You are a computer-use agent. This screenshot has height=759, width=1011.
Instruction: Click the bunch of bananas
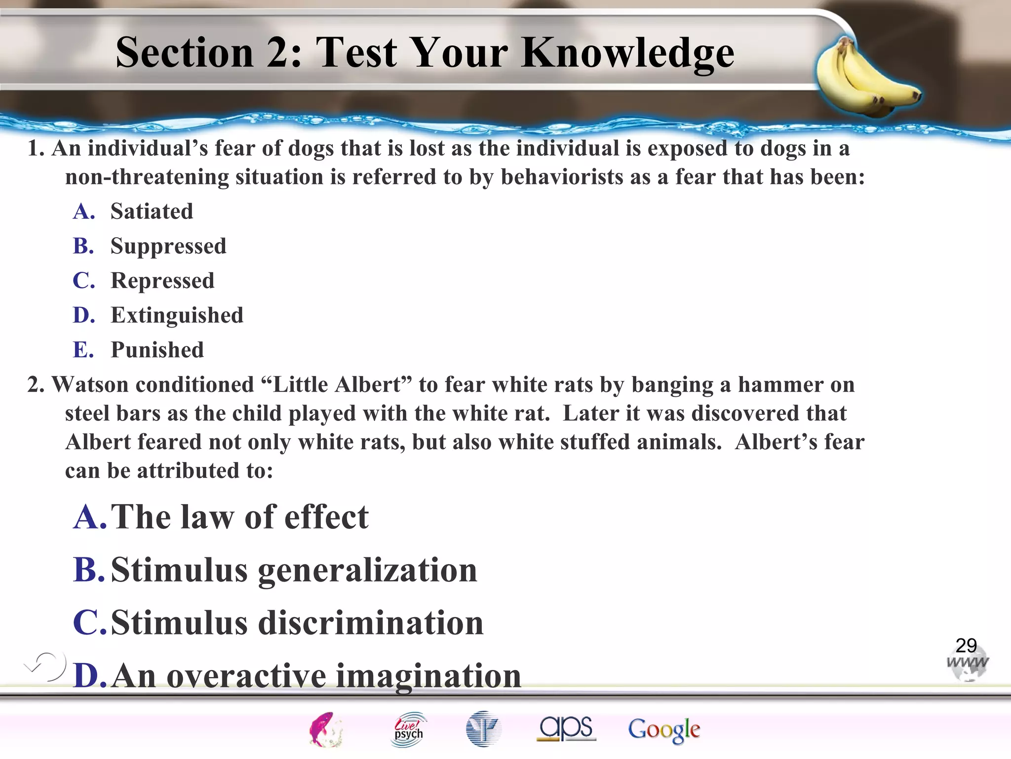864,79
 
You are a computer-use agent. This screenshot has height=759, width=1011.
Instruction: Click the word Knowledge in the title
627,53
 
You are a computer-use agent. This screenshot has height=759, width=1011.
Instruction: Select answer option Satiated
152,211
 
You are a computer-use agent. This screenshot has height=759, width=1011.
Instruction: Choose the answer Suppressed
168,246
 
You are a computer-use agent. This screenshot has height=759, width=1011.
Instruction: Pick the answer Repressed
162,281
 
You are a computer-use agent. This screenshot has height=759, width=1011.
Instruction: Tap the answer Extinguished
177,315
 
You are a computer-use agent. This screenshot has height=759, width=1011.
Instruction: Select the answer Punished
157,350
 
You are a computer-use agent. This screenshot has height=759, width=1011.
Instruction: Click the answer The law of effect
239,517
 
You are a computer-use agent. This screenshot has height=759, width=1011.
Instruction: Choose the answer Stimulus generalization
294,570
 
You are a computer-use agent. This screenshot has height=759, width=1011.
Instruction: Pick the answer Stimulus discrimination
297,623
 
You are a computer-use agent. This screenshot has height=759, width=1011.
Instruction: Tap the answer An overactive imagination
316,675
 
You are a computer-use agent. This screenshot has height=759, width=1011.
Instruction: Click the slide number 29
966,645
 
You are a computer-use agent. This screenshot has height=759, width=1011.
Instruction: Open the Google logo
664,730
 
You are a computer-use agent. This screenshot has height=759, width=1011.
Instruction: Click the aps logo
566,728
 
